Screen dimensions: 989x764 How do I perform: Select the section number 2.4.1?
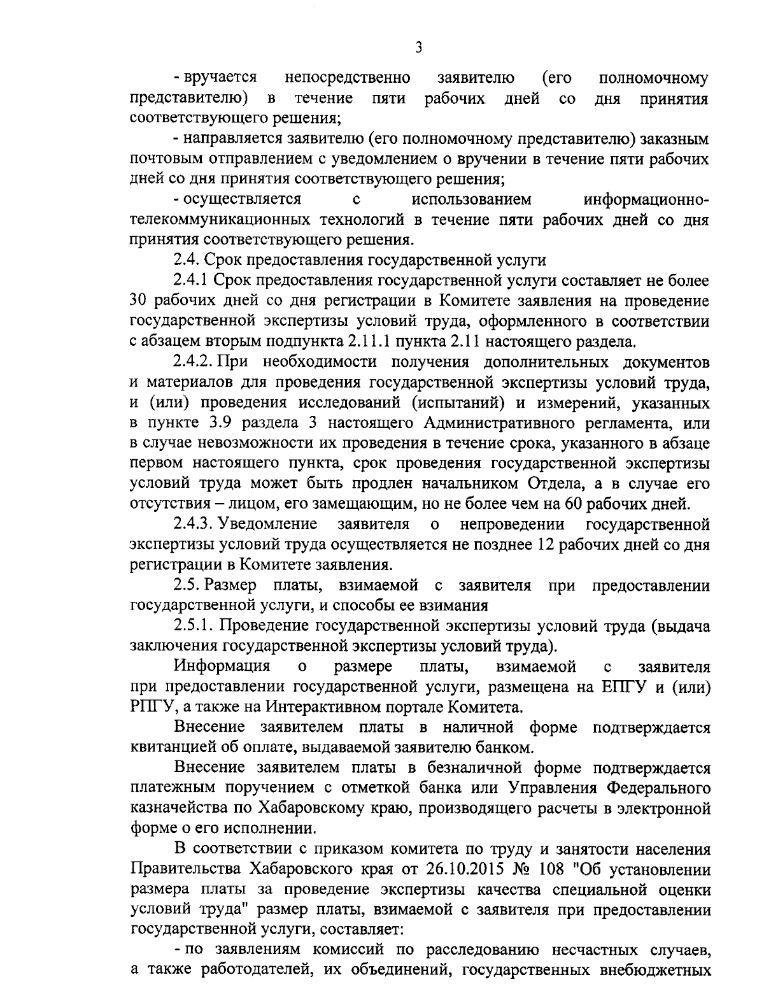pos(192,280)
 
